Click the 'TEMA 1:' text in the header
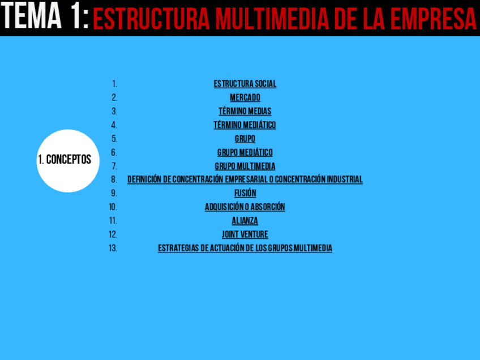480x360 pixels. click(45, 18)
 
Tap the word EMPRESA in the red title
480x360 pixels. click(436, 20)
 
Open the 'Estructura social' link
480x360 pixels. click(245, 84)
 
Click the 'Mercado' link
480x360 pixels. click(245, 97)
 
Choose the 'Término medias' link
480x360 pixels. click(245, 111)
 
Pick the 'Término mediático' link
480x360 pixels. click(245, 125)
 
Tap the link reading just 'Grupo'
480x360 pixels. click(245, 139)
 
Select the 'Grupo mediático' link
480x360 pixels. click(245, 152)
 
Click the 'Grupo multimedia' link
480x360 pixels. click(245, 166)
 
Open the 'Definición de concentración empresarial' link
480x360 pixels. click(245, 179)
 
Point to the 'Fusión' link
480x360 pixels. click(245, 193)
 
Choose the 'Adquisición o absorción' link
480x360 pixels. click(245, 207)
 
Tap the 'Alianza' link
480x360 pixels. click(245, 221)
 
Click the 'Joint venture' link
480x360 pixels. click(245, 234)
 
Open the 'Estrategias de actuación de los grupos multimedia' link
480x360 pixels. click(245, 248)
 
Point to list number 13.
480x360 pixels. click(113, 248)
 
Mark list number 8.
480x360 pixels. click(114, 179)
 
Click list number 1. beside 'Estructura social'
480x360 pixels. click(115, 84)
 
